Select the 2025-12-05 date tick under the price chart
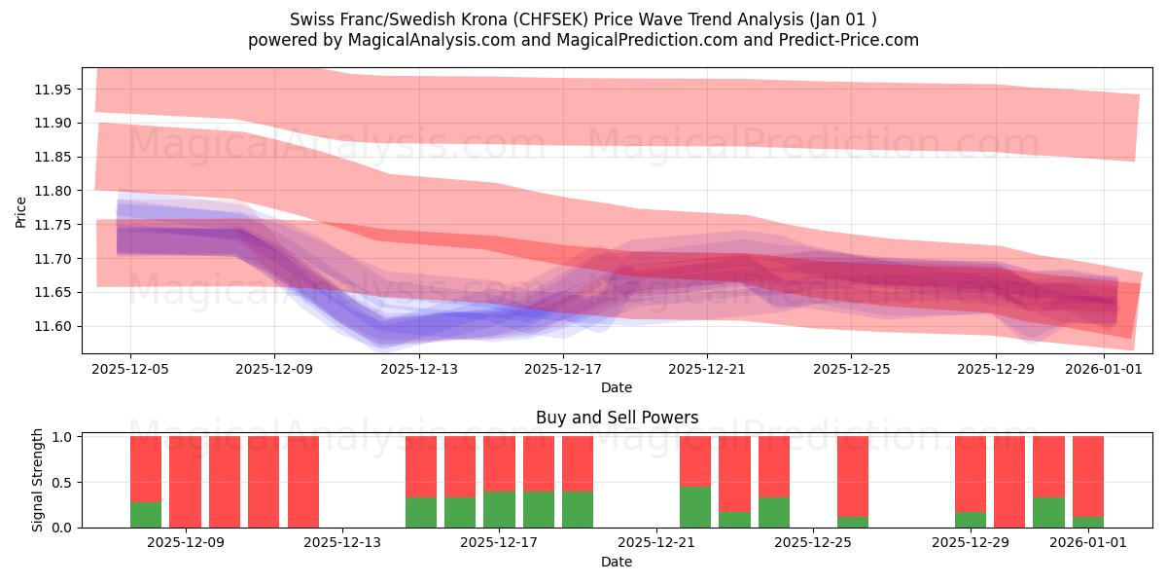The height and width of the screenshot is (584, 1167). pos(130,369)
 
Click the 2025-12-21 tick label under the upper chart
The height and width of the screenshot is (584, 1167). pos(707,369)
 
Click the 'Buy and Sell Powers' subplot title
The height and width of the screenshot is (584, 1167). pos(617,418)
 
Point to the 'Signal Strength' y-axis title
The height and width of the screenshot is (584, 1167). pos(38,480)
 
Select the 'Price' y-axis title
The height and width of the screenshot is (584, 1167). pos(21,211)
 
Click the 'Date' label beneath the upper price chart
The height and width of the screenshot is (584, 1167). pos(617,387)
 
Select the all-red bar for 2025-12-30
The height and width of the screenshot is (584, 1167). pos(1009,482)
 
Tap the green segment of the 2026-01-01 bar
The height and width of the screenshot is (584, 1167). pos(1088,522)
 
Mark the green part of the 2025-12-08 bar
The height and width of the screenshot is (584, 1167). pos(146,514)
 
